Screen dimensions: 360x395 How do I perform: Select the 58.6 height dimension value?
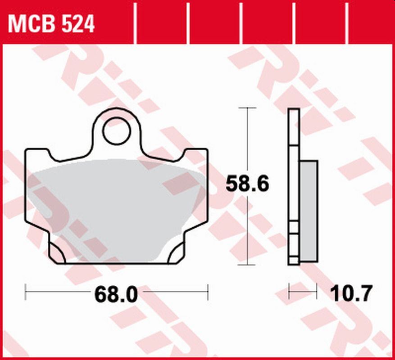[x=247, y=184]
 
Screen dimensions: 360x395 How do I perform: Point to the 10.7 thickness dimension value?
[x=351, y=294]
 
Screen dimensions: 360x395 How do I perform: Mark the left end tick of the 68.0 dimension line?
[x=26, y=292]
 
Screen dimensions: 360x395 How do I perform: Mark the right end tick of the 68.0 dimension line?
[x=208, y=292]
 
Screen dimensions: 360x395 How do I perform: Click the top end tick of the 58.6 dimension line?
[x=247, y=108]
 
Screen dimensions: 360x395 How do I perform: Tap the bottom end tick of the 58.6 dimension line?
[x=247, y=265]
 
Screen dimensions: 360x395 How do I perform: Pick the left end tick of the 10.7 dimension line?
[x=289, y=292]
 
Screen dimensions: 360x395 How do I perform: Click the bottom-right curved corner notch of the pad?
[x=176, y=254]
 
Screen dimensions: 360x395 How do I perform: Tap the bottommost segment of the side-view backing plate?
[x=294, y=260]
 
